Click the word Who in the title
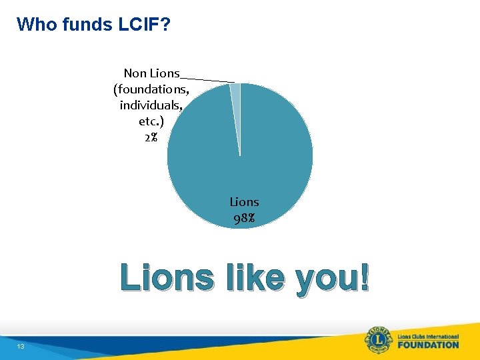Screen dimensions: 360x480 [36, 25]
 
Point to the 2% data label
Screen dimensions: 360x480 [151, 137]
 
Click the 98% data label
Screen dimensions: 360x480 [244, 218]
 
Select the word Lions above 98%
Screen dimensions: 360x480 [244, 201]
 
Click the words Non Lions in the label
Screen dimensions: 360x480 [151, 73]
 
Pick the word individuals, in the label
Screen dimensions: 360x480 [151, 105]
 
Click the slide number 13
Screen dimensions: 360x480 [21, 347]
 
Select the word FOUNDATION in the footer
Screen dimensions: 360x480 [428, 345]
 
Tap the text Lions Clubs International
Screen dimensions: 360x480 [428, 335]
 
